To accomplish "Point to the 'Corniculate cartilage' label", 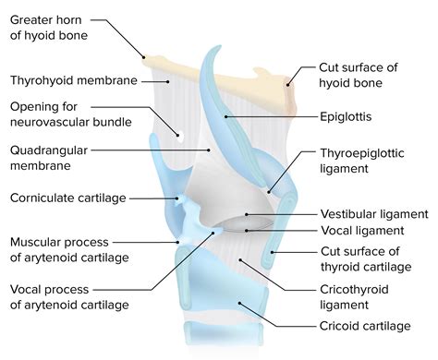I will [x=67, y=198].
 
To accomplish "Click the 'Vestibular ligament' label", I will [x=373, y=213].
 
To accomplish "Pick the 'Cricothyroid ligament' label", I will [x=362, y=296].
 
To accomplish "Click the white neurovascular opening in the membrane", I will [x=181, y=136].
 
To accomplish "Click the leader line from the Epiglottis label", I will [x=268, y=117].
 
